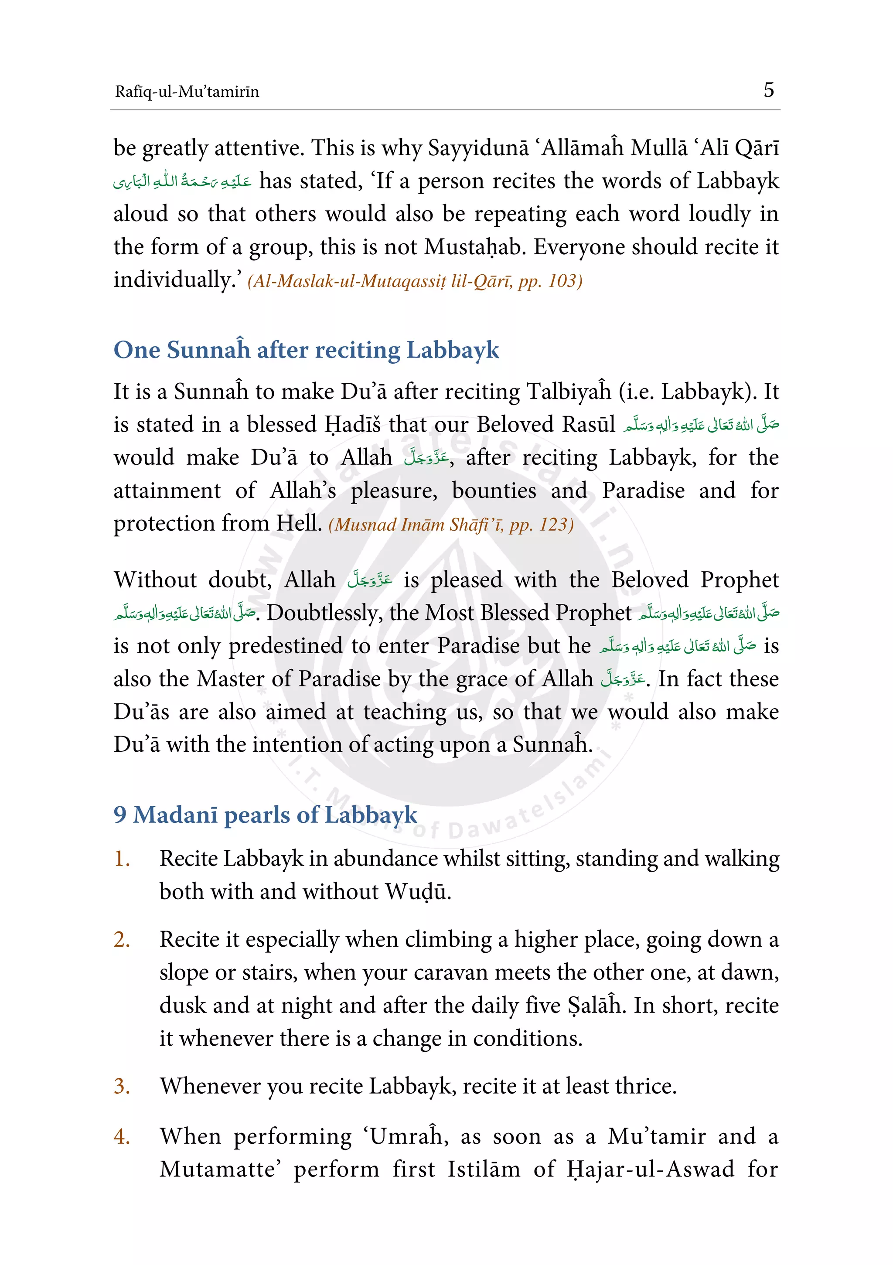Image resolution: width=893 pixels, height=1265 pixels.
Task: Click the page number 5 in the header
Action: click(768, 90)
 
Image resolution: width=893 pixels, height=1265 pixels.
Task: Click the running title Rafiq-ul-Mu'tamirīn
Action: click(187, 92)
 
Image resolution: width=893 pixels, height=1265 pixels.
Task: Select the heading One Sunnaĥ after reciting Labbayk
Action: click(306, 350)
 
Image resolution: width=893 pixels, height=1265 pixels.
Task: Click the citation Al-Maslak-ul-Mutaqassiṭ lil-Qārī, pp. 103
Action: click(415, 282)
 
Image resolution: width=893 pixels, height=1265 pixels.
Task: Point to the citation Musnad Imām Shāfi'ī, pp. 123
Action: click(450, 525)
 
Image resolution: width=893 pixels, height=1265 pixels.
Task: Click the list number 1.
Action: click(122, 859)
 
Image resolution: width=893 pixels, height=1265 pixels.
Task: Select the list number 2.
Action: click(122, 939)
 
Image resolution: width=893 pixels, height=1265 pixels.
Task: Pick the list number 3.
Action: click(122, 1086)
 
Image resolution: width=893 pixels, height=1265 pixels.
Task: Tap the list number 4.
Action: click(122, 1137)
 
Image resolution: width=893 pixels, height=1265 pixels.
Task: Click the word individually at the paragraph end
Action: click(172, 280)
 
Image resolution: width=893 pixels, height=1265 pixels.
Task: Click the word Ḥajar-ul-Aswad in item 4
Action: click(650, 1170)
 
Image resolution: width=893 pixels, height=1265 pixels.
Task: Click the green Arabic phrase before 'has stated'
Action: click(182, 182)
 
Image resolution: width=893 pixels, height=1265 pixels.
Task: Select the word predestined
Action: click(285, 646)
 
